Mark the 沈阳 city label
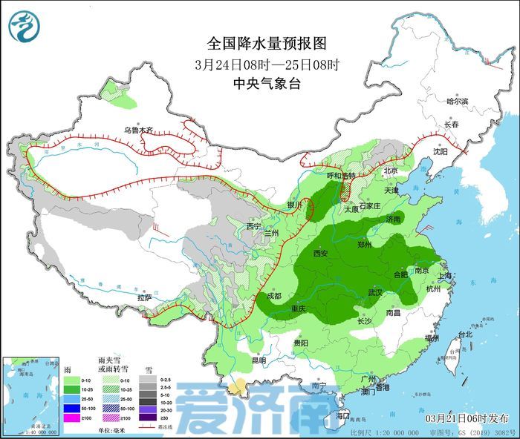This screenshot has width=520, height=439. tap(440, 151)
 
